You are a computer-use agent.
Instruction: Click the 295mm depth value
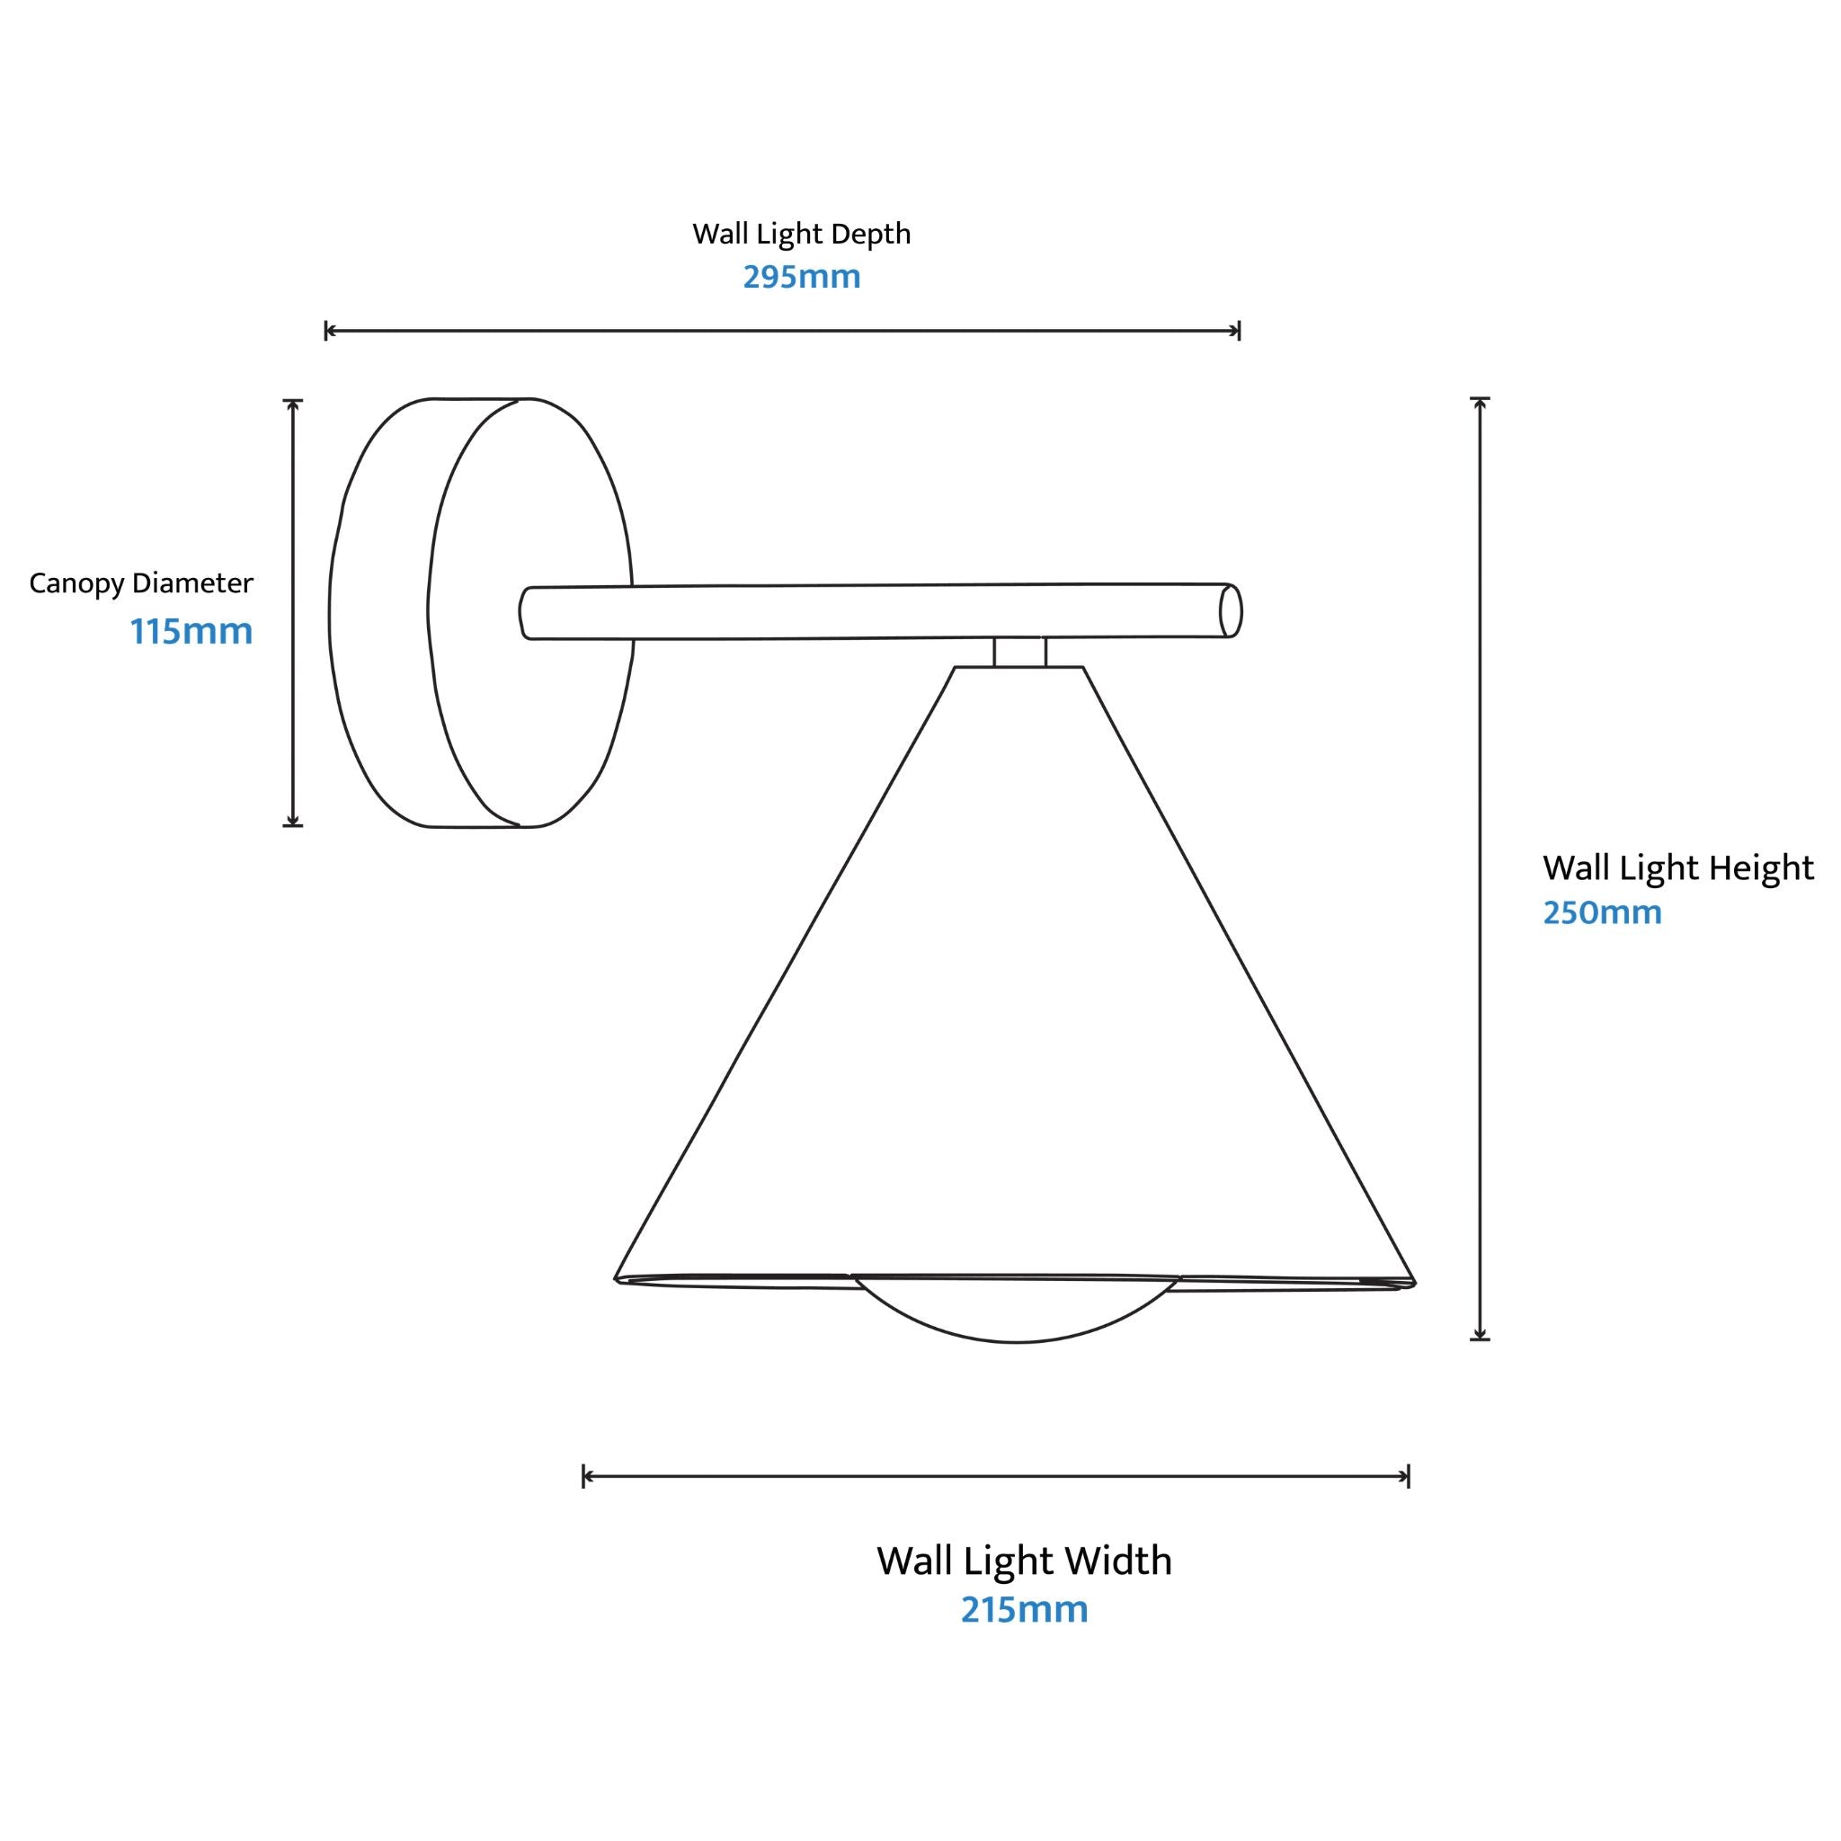tap(801, 276)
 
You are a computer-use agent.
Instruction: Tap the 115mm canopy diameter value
tap(191, 631)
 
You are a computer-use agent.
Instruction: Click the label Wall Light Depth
tap(801, 235)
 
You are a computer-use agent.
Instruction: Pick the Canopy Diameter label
tap(141, 583)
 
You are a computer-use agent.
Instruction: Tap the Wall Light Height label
tap(1678, 868)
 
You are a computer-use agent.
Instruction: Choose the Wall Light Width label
tap(1025, 1561)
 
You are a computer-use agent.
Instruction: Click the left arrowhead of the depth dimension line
tap(330, 331)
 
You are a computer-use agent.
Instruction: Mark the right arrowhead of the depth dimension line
tap(1235, 331)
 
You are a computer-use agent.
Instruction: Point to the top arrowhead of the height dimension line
tap(1480, 402)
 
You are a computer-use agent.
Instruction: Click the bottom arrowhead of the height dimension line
tap(1480, 1334)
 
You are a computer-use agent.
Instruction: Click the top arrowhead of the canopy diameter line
tap(292, 405)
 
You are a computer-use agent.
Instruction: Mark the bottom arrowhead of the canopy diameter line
tap(292, 821)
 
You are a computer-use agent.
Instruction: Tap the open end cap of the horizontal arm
tap(1231, 610)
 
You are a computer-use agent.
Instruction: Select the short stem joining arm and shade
tap(1019, 652)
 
